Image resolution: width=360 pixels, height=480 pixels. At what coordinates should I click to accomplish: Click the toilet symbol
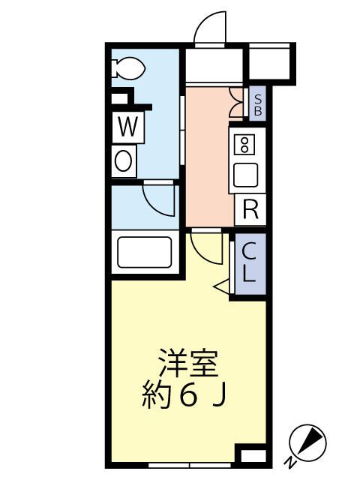pyautogui.click(x=129, y=69)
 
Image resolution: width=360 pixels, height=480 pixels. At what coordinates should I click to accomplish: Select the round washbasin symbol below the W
pyautogui.click(x=124, y=160)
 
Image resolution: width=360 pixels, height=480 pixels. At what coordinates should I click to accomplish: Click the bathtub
pyautogui.click(x=144, y=254)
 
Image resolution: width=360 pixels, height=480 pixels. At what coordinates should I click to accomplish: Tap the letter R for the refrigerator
pyautogui.click(x=250, y=210)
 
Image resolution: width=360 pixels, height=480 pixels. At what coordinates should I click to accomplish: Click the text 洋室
pyautogui.click(x=187, y=365)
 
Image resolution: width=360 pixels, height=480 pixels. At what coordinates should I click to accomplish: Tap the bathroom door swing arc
pyautogui.click(x=157, y=199)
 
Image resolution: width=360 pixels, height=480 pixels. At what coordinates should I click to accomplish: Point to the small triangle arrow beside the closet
pyautogui.click(x=222, y=286)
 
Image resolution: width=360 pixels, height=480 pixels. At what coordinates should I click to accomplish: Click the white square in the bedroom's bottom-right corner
pyautogui.click(x=251, y=454)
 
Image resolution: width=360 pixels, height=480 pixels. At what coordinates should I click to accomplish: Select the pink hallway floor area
pyautogui.click(x=206, y=157)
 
